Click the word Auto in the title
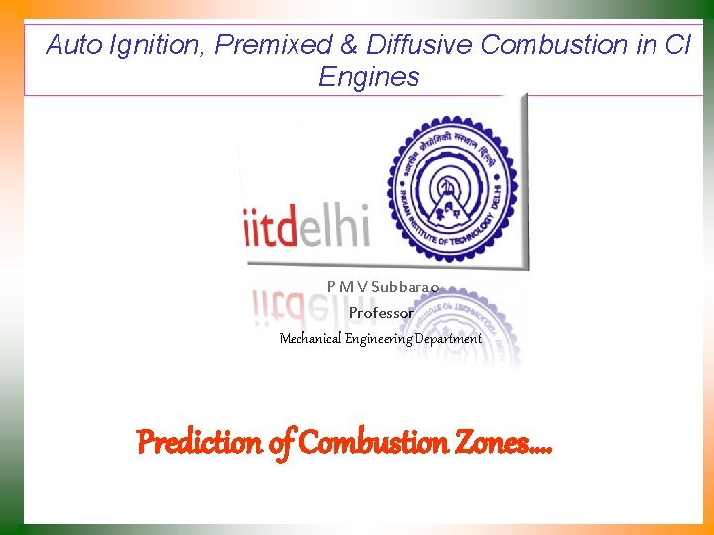pos(70,45)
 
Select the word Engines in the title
pos(369,77)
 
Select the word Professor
pos(381,312)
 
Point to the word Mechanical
pos(310,338)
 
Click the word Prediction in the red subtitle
pos(198,442)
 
